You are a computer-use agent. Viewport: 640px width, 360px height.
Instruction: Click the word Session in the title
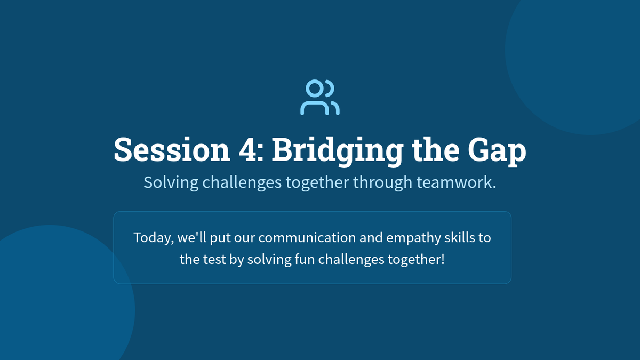click(172, 149)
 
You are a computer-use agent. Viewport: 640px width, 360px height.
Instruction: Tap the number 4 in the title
click(247, 149)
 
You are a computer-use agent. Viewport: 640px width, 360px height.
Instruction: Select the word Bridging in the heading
click(338, 151)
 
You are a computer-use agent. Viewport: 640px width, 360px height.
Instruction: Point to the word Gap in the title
click(497, 151)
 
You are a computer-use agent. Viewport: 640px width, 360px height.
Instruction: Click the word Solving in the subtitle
click(171, 182)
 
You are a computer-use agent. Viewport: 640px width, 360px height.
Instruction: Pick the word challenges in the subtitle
click(242, 182)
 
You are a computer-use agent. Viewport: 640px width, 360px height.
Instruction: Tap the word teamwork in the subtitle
click(457, 182)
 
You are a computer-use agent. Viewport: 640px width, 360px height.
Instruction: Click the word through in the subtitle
click(383, 182)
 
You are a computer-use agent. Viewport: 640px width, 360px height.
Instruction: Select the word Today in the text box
click(154, 238)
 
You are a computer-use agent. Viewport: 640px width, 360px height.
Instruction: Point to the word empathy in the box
click(413, 238)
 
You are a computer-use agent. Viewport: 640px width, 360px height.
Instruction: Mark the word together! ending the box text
click(417, 259)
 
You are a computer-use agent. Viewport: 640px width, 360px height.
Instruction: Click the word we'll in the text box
click(191, 237)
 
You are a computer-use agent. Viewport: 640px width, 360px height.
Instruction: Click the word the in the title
click(436, 149)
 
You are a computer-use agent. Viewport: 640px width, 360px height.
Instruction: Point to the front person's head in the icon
click(315, 89)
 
